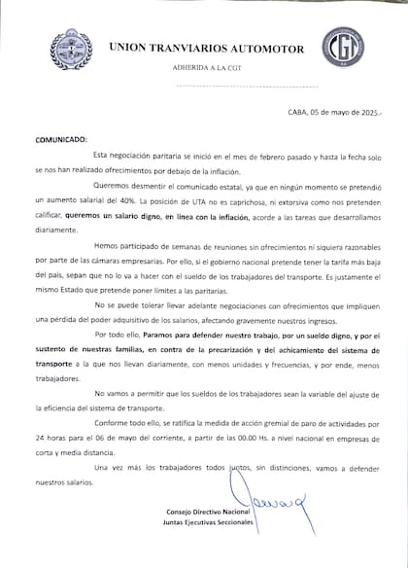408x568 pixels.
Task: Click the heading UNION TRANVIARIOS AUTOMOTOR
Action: [x=206, y=48]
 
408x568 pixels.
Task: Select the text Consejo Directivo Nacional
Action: [x=195, y=512]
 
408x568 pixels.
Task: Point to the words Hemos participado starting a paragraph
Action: [x=124, y=249]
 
